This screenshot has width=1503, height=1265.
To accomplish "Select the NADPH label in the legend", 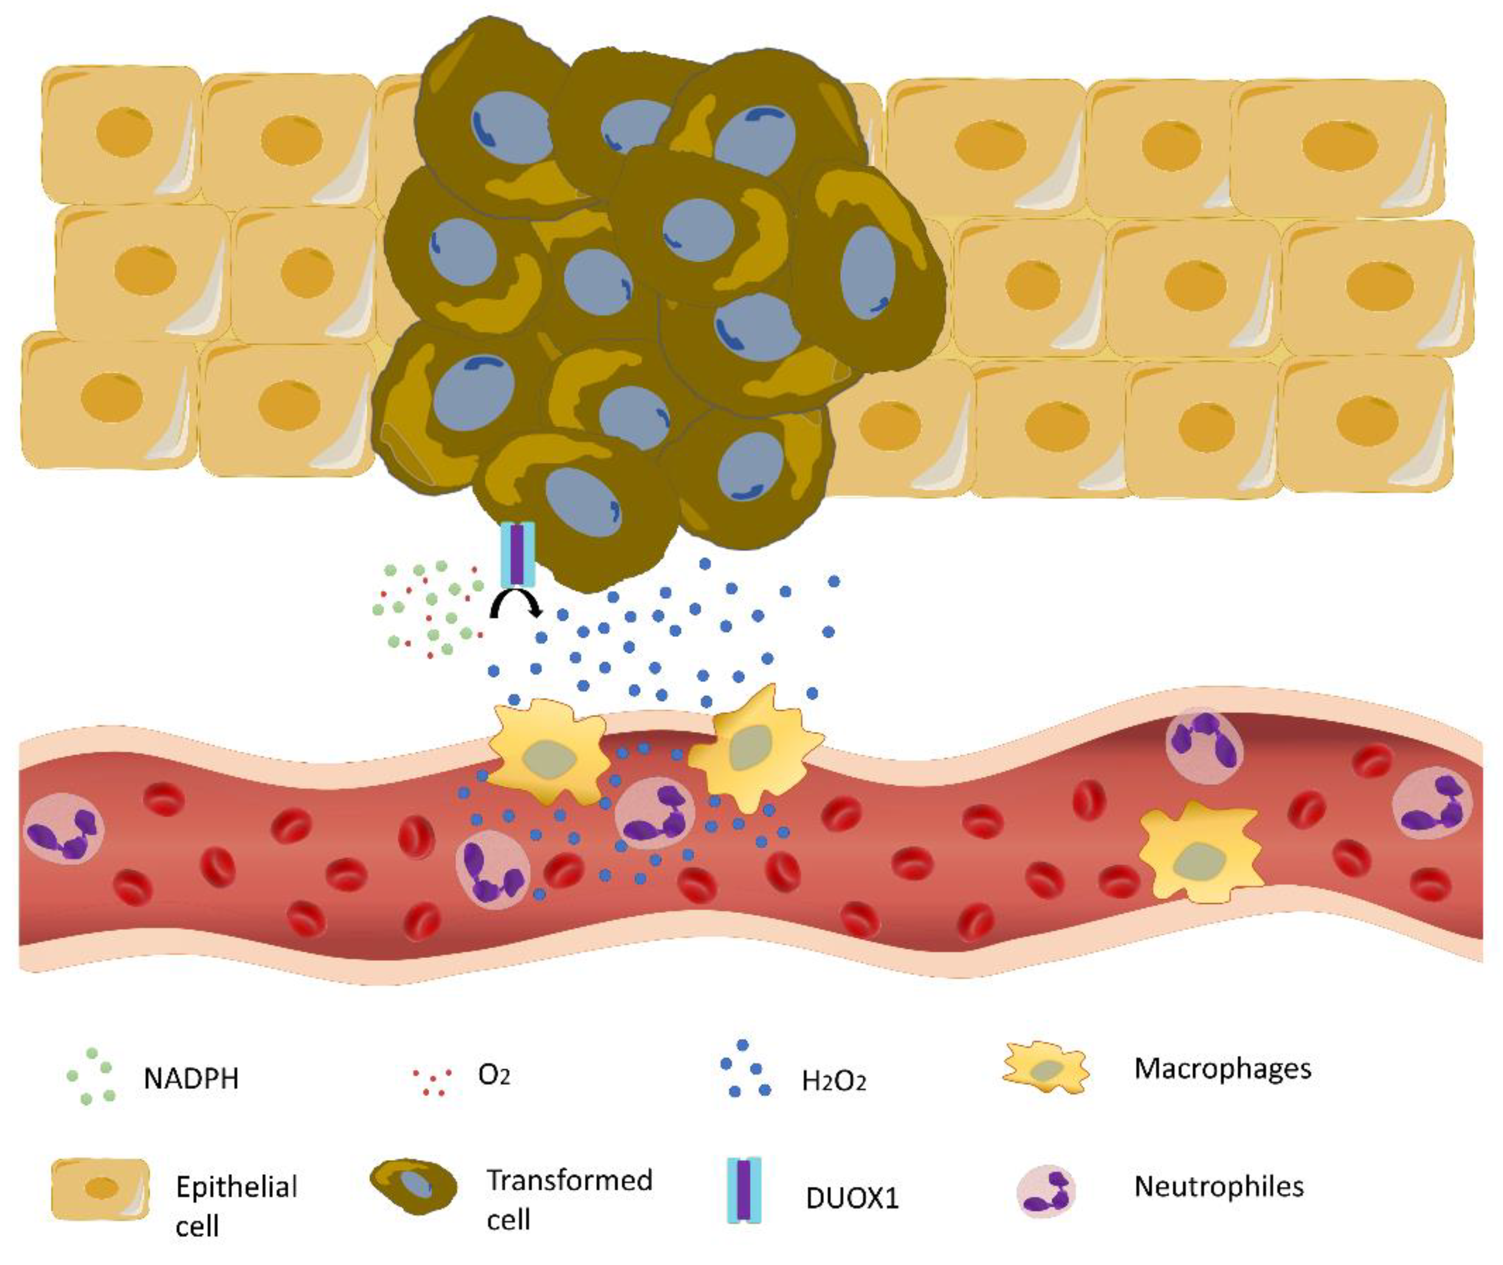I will point(191,1079).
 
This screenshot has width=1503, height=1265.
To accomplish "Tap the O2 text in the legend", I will point(494,1075).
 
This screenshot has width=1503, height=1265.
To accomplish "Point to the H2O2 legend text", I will point(834,1081).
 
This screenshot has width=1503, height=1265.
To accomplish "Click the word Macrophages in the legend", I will point(1222,1069).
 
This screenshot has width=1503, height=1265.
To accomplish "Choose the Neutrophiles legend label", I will point(1218,1187).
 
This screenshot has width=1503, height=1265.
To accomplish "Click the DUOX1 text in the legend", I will point(851,1198).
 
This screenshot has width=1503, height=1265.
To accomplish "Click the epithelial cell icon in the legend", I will point(100,1189).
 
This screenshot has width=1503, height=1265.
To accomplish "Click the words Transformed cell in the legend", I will point(569,1199).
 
